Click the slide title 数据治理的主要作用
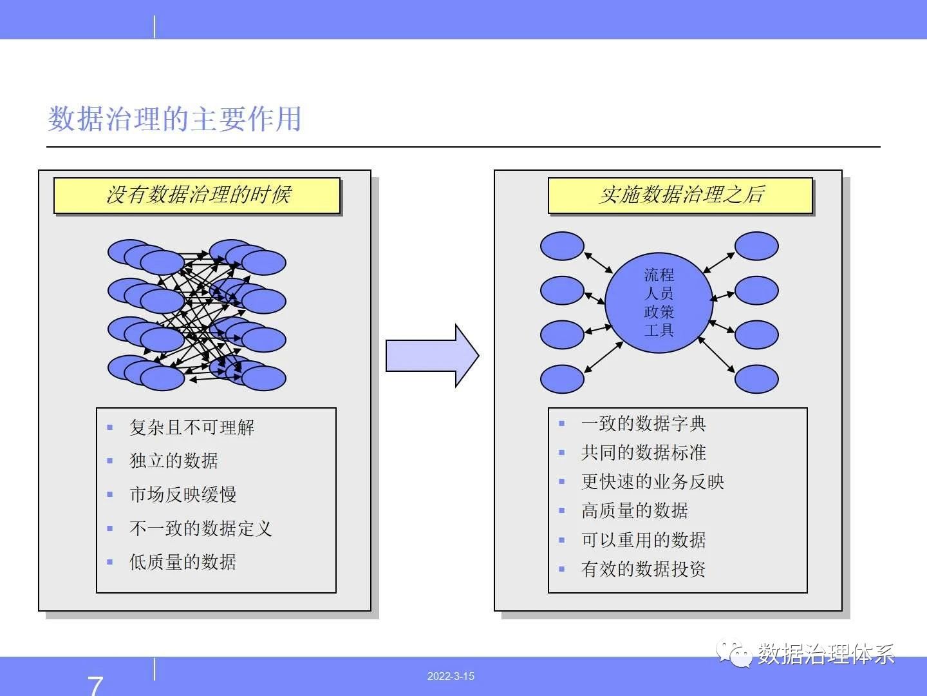(174, 119)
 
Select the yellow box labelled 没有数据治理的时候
(197, 196)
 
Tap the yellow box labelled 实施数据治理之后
(680, 196)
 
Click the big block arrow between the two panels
(432, 356)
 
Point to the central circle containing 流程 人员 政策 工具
(659, 303)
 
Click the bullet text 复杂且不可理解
(192, 427)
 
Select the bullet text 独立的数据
(174, 461)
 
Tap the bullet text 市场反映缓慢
(183, 494)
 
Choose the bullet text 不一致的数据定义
(201, 528)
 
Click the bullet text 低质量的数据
(183, 562)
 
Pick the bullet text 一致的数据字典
(643, 423)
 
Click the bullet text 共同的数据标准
(643, 452)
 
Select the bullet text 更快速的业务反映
(653, 481)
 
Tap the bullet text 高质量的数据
(634, 510)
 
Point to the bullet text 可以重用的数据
(643, 539)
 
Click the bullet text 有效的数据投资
(643, 569)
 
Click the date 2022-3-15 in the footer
(451, 676)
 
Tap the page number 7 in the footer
(95, 684)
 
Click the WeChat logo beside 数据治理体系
(734, 653)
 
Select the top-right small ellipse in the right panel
(756, 246)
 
